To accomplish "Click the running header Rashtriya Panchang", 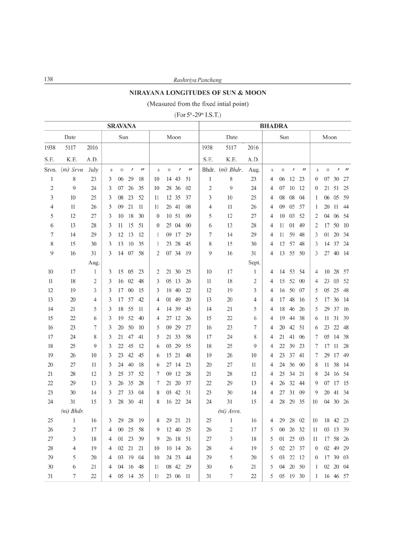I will (197, 80).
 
